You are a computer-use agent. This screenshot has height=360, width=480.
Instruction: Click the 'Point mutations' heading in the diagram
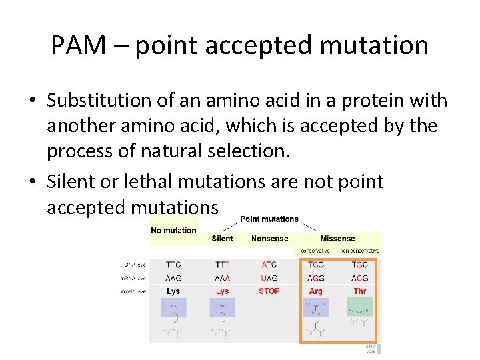click(x=269, y=219)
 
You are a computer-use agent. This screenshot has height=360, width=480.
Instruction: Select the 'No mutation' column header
click(x=173, y=230)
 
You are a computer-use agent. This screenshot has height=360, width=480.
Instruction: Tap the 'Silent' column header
click(x=222, y=239)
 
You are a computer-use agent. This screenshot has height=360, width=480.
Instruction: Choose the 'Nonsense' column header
click(x=269, y=239)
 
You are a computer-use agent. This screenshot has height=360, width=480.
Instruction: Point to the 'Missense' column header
click(x=337, y=239)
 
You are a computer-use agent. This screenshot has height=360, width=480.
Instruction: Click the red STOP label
click(x=269, y=291)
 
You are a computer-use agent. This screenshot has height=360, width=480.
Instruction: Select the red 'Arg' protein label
click(x=316, y=291)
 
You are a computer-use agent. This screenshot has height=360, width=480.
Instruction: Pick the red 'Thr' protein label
click(x=359, y=291)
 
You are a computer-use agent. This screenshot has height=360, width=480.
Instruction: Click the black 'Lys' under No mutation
click(x=173, y=291)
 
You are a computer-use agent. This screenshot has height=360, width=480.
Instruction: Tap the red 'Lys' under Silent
click(x=222, y=291)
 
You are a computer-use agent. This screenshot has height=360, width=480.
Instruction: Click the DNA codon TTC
click(x=173, y=265)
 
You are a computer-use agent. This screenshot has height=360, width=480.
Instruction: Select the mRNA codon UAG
click(x=269, y=278)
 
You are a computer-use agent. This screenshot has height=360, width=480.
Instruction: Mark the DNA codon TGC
click(x=359, y=265)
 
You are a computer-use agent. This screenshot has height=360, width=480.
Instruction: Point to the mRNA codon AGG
click(x=316, y=278)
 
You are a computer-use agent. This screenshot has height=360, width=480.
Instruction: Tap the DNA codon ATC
click(x=269, y=265)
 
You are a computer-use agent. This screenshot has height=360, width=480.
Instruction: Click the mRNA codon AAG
click(x=173, y=278)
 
